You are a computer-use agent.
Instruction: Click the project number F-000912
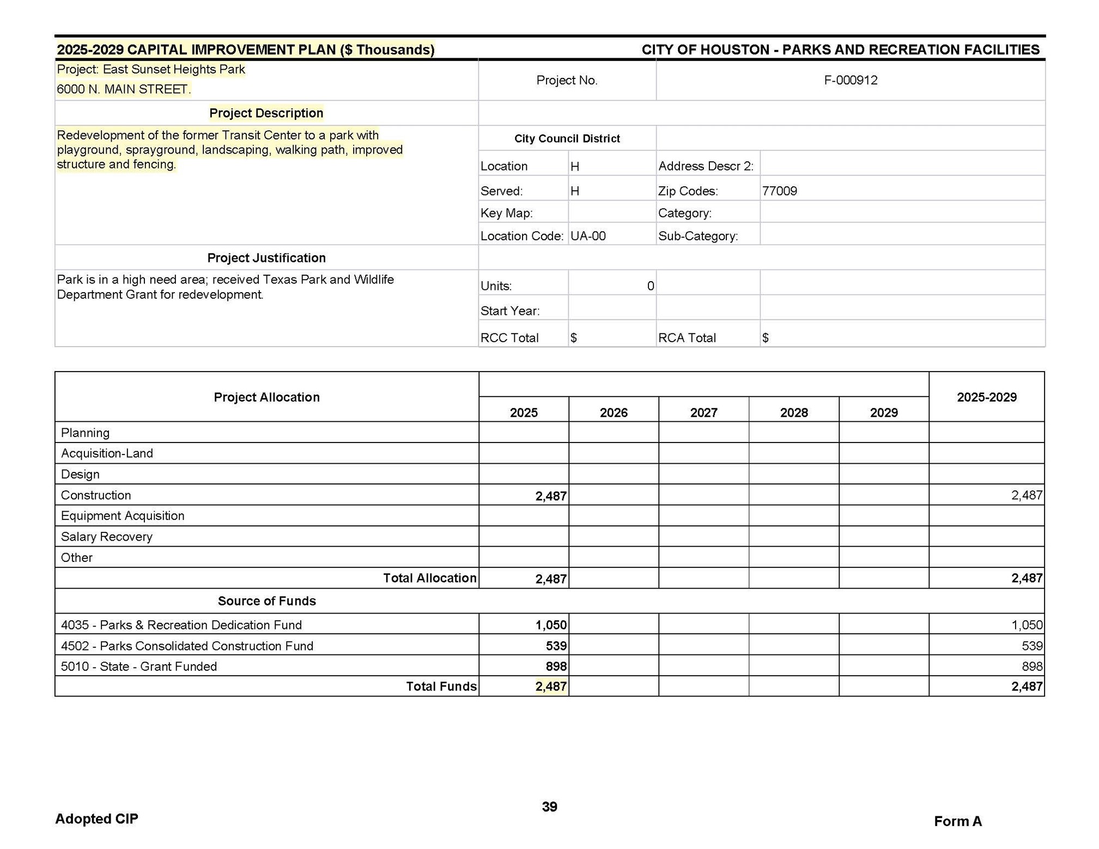pyautogui.click(x=850, y=81)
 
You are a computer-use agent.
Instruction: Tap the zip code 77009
pyautogui.click(x=779, y=191)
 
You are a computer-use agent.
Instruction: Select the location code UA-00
pyautogui.click(x=588, y=236)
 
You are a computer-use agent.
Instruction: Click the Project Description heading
pyautogui.click(x=266, y=113)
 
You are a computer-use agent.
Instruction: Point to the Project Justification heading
pyautogui.click(x=266, y=258)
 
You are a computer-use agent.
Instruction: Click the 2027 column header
pyautogui.click(x=703, y=413)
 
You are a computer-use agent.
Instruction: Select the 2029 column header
pyautogui.click(x=883, y=413)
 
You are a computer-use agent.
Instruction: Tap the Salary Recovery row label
pyautogui.click(x=107, y=537)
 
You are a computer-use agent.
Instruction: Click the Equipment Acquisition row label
pyautogui.click(x=123, y=516)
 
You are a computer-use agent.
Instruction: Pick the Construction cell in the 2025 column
pyautogui.click(x=550, y=496)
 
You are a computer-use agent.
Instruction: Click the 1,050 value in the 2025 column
pyautogui.click(x=550, y=625)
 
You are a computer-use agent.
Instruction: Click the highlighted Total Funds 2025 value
pyautogui.click(x=550, y=687)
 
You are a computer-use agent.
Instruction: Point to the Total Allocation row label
pyautogui.click(x=429, y=578)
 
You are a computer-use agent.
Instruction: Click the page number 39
pyautogui.click(x=549, y=806)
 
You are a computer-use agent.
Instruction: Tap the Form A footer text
pyautogui.click(x=957, y=821)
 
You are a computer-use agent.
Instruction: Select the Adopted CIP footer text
pyautogui.click(x=97, y=818)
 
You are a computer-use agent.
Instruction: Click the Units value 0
pyautogui.click(x=650, y=286)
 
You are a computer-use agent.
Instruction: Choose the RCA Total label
pyautogui.click(x=687, y=338)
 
